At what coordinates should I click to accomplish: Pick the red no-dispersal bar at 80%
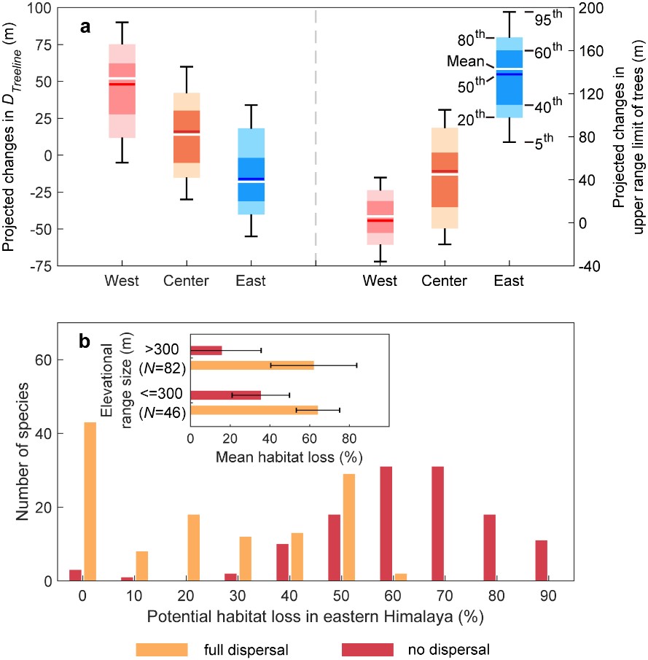point(489,548)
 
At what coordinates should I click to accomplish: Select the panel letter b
point(85,338)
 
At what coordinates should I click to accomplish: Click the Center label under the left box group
point(187,281)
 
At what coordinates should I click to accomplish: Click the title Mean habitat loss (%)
point(289,457)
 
